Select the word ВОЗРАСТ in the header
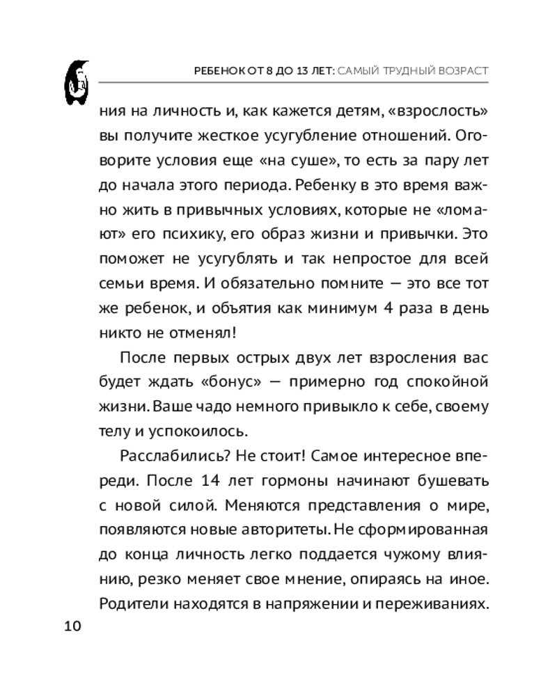click(x=457, y=71)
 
